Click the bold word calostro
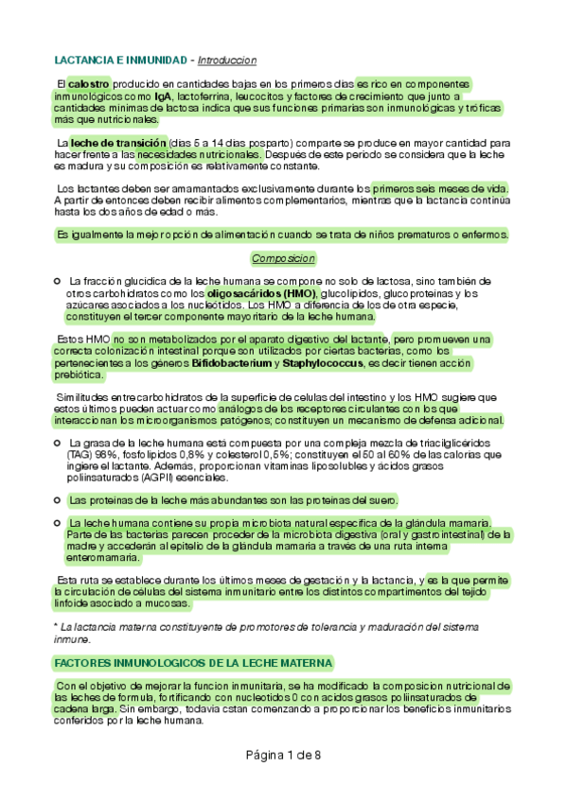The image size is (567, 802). pyautogui.click(x=89, y=84)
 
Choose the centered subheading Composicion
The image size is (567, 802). pyautogui.click(x=283, y=258)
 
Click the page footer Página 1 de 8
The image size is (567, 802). pyautogui.click(x=283, y=755)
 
